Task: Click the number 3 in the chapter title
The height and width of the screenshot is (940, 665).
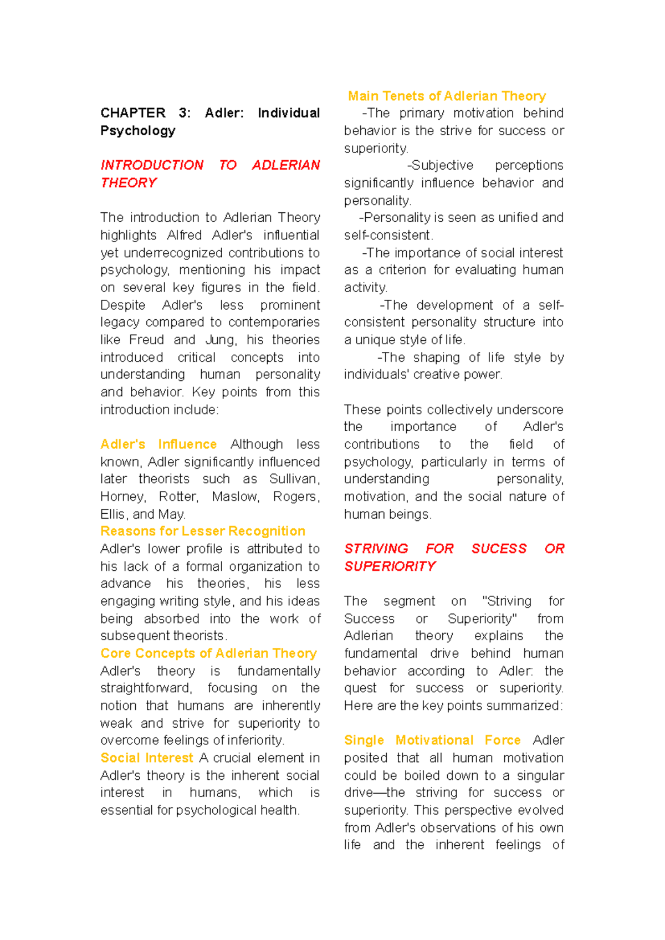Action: coord(184,113)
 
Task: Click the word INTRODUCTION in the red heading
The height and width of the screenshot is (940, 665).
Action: coord(152,165)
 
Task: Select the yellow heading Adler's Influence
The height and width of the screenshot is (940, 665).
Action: coord(158,445)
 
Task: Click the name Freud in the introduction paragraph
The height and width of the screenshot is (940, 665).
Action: coord(146,340)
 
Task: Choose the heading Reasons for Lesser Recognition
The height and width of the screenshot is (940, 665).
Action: coord(203,531)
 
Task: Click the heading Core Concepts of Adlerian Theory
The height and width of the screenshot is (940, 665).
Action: coord(208,653)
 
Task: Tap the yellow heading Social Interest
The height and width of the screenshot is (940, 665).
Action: coord(147,758)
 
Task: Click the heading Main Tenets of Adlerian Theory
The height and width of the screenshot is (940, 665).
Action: coord(447,96)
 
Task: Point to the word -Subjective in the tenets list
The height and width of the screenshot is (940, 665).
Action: coord(440,165)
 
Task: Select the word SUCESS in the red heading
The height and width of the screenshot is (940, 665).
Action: coord(499,549)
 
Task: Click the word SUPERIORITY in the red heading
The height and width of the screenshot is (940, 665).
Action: coord(390,566)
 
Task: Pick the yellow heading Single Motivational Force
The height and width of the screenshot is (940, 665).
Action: coord(432,740)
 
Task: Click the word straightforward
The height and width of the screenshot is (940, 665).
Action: coord(146,688)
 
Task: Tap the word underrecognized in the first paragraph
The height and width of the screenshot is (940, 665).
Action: coord(173,253)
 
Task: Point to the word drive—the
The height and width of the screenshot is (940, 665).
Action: coord(374,793)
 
